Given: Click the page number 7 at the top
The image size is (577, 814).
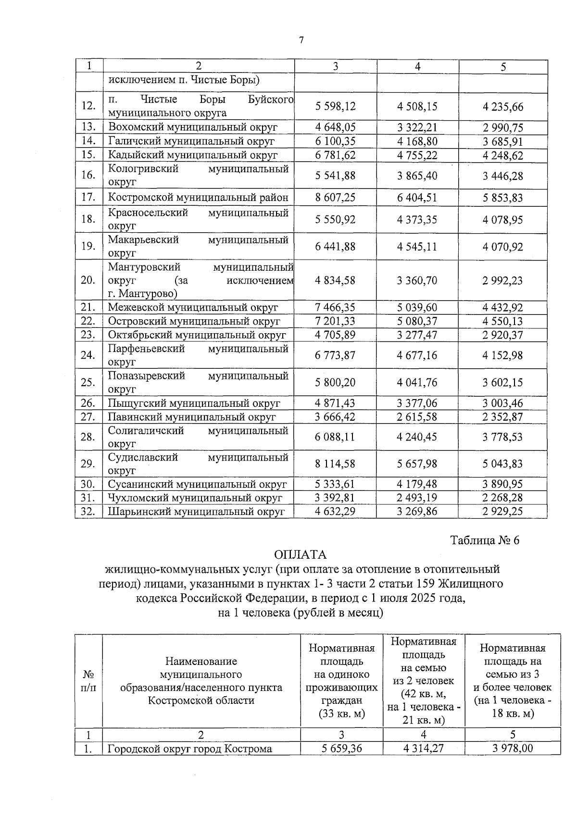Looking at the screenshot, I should [x=301, y=40].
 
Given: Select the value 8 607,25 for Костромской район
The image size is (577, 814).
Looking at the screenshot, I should [x=335, y=197].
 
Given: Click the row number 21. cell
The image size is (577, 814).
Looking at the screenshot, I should [x=88, y=307].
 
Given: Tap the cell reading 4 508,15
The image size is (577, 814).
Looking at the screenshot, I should [x=417, y=106].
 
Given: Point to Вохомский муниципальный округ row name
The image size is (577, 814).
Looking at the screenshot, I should [x=193, y=127].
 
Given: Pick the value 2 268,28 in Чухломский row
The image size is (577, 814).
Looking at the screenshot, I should [x=502, y=498].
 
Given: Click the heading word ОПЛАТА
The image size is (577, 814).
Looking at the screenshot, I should [x=301, y=554].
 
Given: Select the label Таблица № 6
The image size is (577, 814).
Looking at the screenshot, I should [x=485, y=540].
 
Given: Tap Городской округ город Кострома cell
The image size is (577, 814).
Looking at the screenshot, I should [x=189, y=749].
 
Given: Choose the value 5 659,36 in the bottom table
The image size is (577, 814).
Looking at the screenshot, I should [x=341, y=749].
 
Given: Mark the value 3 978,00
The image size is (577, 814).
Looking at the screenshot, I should [x=513, y=749].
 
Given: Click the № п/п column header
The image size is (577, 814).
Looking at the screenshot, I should [x=88, y=681].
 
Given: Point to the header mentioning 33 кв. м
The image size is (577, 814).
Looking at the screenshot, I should [x=341, y=681].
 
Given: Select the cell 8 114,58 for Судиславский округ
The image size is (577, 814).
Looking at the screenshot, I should [x=335, y=464].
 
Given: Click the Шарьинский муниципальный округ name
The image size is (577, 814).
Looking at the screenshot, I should [x=196, y=512].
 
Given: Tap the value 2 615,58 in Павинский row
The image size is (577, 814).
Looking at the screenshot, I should [x=417, y=417].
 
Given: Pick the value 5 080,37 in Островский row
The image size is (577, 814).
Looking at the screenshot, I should [x=417, y=321].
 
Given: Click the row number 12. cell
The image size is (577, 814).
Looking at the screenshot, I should [x=88, y=106].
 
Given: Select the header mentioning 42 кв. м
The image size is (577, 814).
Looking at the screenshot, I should [x=424, y=681].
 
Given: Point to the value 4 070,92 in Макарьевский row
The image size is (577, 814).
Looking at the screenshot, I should [x=502, y=247].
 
